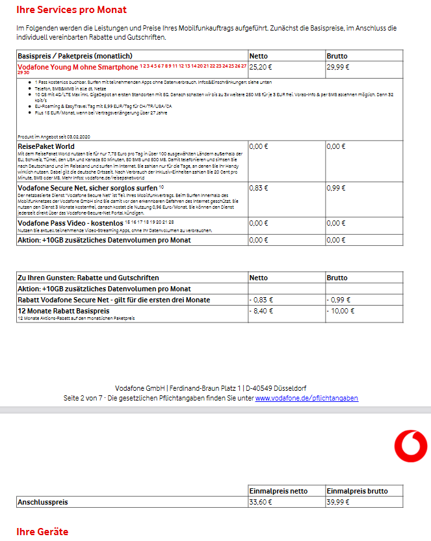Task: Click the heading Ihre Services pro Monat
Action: [x=72, y=10]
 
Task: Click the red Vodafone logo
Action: [x=410, y=447]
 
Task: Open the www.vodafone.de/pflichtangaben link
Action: [x=306, y=398]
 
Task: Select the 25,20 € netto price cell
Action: [x=261, y=66]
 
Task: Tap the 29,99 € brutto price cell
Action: [x=337, y=66]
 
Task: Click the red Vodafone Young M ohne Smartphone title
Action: [x=77, y=67]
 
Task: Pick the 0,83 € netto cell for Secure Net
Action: [x=259, y=188]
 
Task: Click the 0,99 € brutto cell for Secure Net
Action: [x=336, y=188]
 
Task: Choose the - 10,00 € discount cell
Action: [x=340, y=311]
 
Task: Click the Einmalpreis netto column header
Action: [x=278, y=491]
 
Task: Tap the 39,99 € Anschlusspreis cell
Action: [x=338, y=502]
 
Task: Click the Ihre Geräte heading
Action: [x=42, y=532]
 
